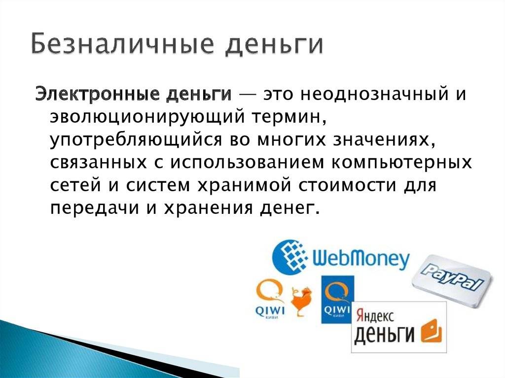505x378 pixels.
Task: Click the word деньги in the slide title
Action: click(x=273, y=45)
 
